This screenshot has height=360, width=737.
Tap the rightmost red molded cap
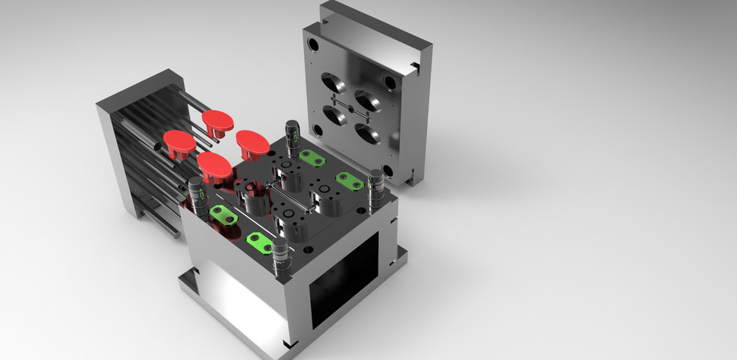click(x=252, y=143)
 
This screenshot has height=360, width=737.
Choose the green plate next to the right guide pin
click(x=350, y=181)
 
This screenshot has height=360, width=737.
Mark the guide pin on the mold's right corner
click(x=376, y=189)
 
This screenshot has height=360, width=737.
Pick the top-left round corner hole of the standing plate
click(x=315, y=45)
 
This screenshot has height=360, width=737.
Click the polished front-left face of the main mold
click(x=234, y=284)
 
